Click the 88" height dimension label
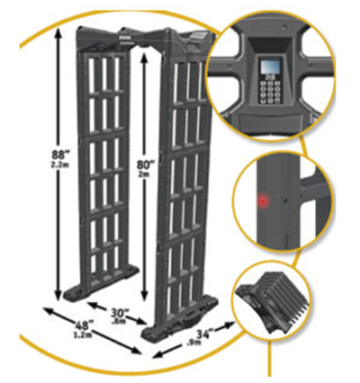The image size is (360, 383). tap(58, 155)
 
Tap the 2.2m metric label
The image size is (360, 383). tap(60, 164)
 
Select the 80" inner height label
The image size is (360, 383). tap(146, 165)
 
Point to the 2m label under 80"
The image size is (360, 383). tap(146, 174)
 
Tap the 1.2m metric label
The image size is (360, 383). tap(82, 334)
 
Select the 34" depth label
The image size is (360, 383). tap(205, 334)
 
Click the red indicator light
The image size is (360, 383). tap(263, 200)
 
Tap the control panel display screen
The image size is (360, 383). tap(270, 66)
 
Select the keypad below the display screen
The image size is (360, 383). tap(270, 90)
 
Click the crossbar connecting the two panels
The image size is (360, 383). tap(143, 38)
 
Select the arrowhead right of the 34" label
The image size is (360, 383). tap(230, 325)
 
